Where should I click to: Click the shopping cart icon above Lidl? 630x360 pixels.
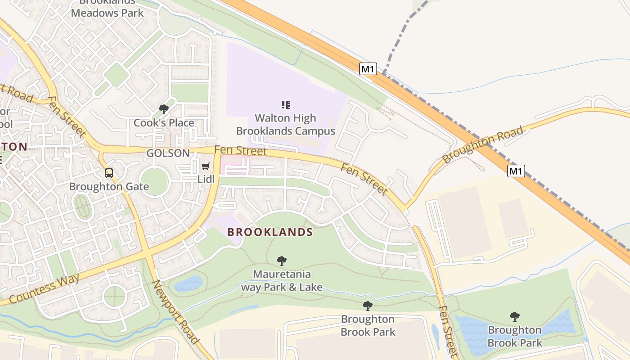coord(206,166)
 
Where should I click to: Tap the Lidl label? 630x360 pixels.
coord(206,179)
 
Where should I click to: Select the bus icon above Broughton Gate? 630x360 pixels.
coord(109,173)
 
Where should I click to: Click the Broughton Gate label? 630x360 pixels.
coord(109,186)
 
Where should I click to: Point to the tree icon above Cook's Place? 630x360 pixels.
coord(164,109)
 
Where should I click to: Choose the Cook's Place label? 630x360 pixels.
coord(164,123)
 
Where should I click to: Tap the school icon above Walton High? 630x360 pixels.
coord(285,105)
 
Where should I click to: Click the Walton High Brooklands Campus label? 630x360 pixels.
coord(285,125)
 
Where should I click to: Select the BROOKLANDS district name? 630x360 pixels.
coord(270,232)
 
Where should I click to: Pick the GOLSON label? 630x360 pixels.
coord(168,153)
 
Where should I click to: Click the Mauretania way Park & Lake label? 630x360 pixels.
coord(282,280)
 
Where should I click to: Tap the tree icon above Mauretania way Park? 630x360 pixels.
coord(282,261)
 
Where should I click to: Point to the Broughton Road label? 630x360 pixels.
coord(483,144)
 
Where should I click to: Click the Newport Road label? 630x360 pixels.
coord(175,311)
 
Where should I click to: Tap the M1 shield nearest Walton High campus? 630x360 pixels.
coord(368,69)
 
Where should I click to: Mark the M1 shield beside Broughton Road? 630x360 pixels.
coord(516,171)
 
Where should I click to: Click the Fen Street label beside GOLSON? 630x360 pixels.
coord(241,151)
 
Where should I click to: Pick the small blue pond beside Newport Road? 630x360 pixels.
coord(189,284)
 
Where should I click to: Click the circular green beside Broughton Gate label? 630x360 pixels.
coord(154,182)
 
